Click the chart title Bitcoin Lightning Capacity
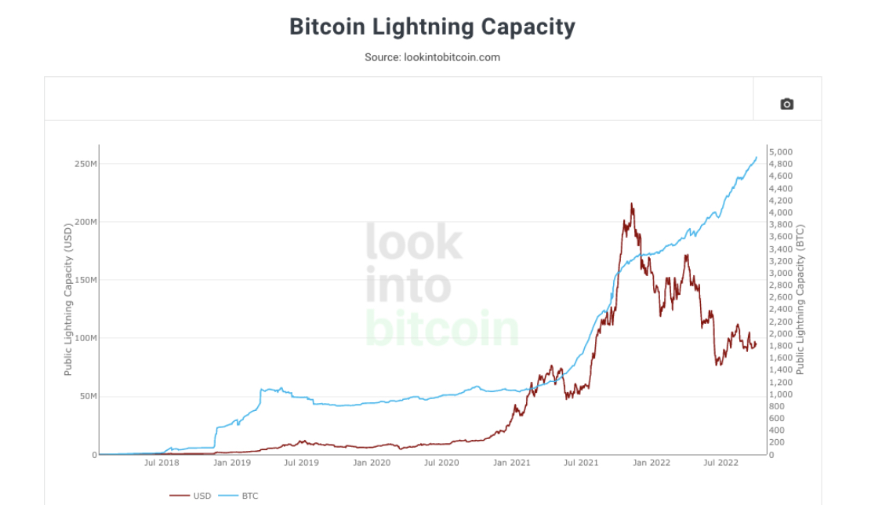tap(432, 27)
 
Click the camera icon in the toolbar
tap(786, 104)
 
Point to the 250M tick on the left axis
tap(85, 164)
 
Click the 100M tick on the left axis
tap(85, 338)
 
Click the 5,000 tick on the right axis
tap(781, 152)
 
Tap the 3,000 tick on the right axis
tap(781, 273)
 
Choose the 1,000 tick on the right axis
tap(781, 394)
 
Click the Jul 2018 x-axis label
tap(161, 463)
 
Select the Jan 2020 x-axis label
tap(372, 463)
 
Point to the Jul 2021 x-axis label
tap(581, 463)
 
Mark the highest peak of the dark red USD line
tap(631, 204)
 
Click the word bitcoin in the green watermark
tap(442, 329)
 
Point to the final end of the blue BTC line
tap(757, 157)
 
